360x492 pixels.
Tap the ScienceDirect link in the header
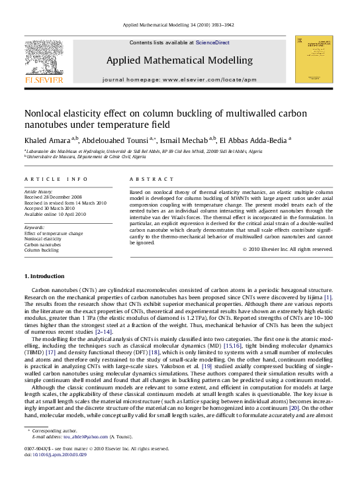(x=212, y=42)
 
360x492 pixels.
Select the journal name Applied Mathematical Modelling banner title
(x=179, y=60)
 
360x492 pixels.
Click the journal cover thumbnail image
(x=314, y=60)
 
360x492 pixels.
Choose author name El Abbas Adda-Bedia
(x=254, y=140)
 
